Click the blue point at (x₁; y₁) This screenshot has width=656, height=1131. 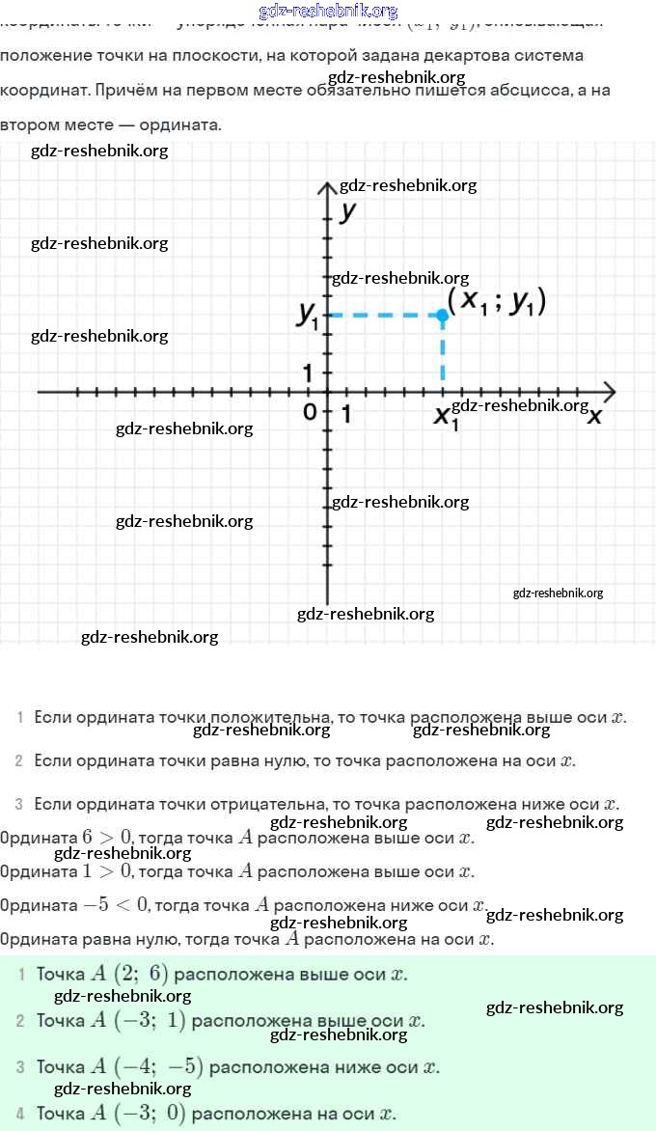tap(442, 315)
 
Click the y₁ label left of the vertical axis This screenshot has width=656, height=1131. tap(309, 315)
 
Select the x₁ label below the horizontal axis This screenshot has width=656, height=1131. tap(445, 417)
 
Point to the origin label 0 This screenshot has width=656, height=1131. tap(309, 412)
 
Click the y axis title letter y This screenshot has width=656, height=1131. tap(349, 211)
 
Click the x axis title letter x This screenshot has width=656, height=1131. tap(595, 415)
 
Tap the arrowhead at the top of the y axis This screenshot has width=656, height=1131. tap(327, 185)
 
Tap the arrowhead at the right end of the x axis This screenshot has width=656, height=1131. tap(610, 392)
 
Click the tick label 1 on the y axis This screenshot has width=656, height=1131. tap(309, 372)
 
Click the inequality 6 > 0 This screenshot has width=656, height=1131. tap(107, 838)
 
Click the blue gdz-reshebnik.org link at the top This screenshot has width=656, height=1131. tap(328, 11)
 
